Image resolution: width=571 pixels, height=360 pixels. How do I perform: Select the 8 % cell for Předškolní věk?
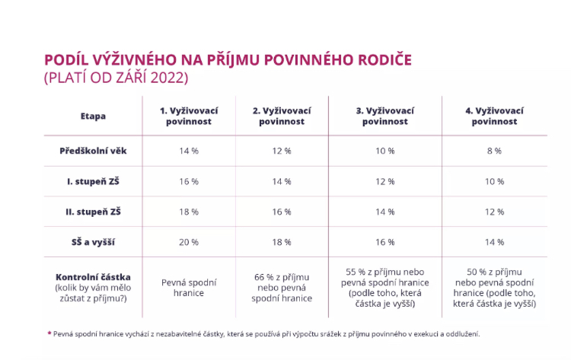click(x=494, y=151)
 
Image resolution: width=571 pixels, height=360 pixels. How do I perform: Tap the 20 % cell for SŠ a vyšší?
click(x=189, y=241)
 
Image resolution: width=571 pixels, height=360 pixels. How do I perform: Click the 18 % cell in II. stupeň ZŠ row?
click(x=189, y=211)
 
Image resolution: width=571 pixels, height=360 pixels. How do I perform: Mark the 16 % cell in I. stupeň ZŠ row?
click(x=189, y=181)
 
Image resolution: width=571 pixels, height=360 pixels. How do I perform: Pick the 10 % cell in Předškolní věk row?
click(x=385, y=151)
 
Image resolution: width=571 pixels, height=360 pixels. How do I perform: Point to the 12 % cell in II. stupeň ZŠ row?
click(x=494, y=211)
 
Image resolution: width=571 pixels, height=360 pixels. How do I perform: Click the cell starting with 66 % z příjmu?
click(x=282, y=288)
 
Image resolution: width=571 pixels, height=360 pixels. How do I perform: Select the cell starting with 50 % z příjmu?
click(x=494, y=288)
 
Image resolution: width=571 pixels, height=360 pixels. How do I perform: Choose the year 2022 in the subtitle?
click(x=169, y=78)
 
